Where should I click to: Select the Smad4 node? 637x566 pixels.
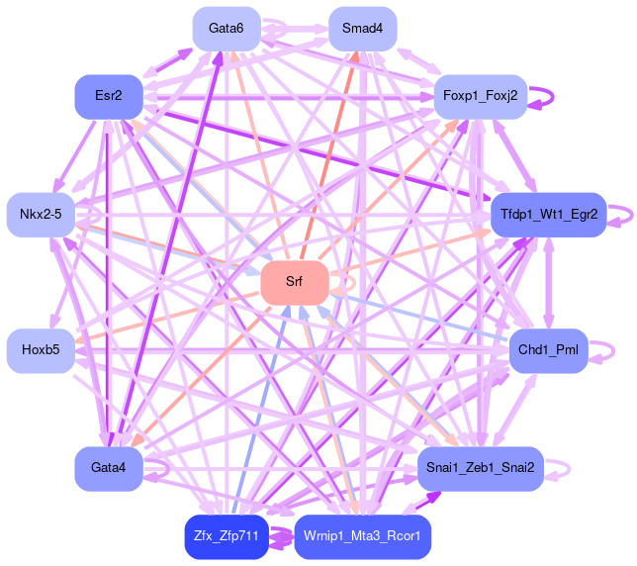[x=362, y=28]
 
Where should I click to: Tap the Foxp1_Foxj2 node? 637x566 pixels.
[x=480, y=96]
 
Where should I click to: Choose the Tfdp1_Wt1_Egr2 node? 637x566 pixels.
[x=549, y=214]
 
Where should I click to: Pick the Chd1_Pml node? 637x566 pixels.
[x=549, y=349]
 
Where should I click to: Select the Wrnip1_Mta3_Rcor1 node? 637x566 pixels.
[x=362, y=536]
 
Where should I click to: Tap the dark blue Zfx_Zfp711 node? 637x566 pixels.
[x=227, y=536]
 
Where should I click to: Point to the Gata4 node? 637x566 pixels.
[x=109, y=467]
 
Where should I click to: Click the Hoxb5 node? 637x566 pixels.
[x=41, y=349]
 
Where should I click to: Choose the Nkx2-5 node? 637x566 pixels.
[x=41, y=214]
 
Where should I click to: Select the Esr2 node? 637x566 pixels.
[x=109, y=96]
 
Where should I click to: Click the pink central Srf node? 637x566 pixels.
[x=294, y=283]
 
